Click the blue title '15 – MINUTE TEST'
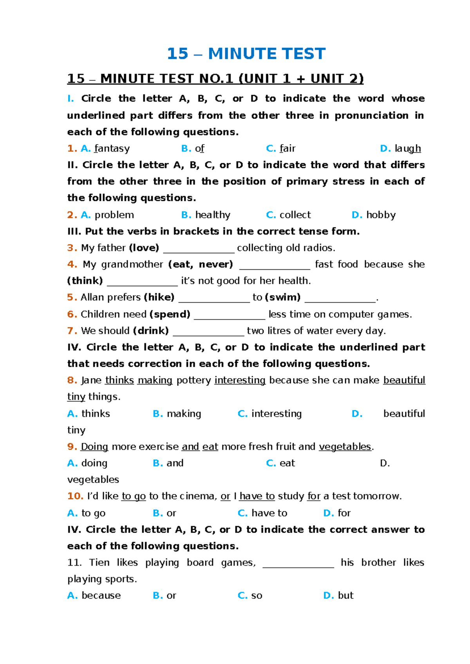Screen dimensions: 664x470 coord(246,54)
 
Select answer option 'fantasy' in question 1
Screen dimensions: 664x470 coord(112,149)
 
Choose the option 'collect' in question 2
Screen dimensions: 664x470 coord(295,215)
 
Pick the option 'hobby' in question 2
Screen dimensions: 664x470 coord(380,215)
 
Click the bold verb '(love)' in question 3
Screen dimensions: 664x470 coord(144,248)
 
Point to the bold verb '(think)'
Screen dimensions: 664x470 coord(85,281)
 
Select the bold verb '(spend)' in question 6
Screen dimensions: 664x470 coord(170,314)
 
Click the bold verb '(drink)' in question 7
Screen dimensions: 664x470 coord(151,331)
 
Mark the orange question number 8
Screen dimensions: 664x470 coord(72,380)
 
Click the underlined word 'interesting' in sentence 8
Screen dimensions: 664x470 coord(240,380)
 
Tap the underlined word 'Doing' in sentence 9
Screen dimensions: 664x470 coord(94,447)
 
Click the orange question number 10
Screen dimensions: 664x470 coord(75,496)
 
